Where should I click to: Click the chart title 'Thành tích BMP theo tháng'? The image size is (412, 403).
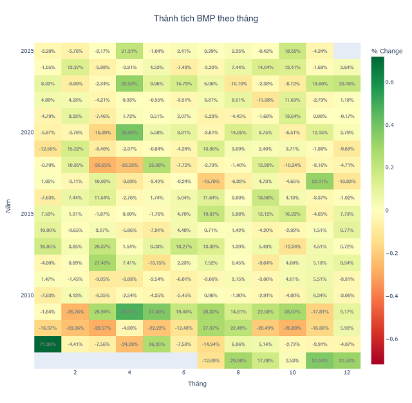click(x=206, y=19)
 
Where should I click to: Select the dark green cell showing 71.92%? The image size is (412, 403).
click(x=48, y=344)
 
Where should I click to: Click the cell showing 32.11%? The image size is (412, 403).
click(x=319, y=181)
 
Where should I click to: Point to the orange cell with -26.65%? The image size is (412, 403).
click(x=102, y=165)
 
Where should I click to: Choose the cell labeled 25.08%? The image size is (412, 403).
click(x=156, y=165)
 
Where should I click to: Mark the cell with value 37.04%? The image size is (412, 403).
click(x=319, y=361)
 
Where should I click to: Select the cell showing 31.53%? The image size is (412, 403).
click(x=346, y=361)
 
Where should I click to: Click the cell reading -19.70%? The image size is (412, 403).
click(x=211, y=181)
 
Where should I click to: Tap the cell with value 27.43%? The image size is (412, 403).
click(x=102, y=263)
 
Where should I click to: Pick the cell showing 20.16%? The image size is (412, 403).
click(x=346, y=84)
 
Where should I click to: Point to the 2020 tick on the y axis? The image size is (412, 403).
click(x=27, y=132)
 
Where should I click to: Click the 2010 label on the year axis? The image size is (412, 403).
click(x=27, y=295)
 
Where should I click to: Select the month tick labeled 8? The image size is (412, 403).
click(x=238, y=373)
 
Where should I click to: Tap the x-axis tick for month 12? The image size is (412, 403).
click(x=346, y=373)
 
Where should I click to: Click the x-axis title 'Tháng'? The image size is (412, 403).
click(x=197, y=384)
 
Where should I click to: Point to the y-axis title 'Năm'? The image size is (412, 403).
click(x=8, y=206)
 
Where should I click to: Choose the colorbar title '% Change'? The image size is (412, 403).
click(x=387, y=51)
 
